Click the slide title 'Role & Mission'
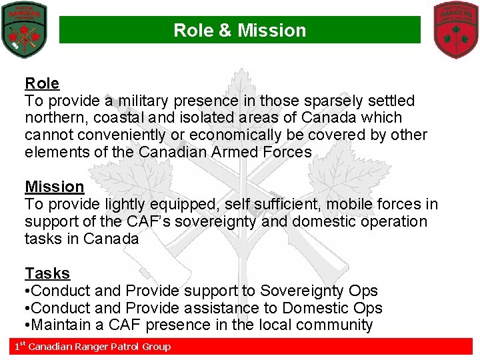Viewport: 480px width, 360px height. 239,31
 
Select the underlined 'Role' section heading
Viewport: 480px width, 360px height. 42,83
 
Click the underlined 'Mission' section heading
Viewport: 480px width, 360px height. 55,187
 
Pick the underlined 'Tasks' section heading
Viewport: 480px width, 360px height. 47,273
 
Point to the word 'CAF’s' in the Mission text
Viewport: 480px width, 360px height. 148,221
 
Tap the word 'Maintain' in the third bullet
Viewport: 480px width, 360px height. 64,325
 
